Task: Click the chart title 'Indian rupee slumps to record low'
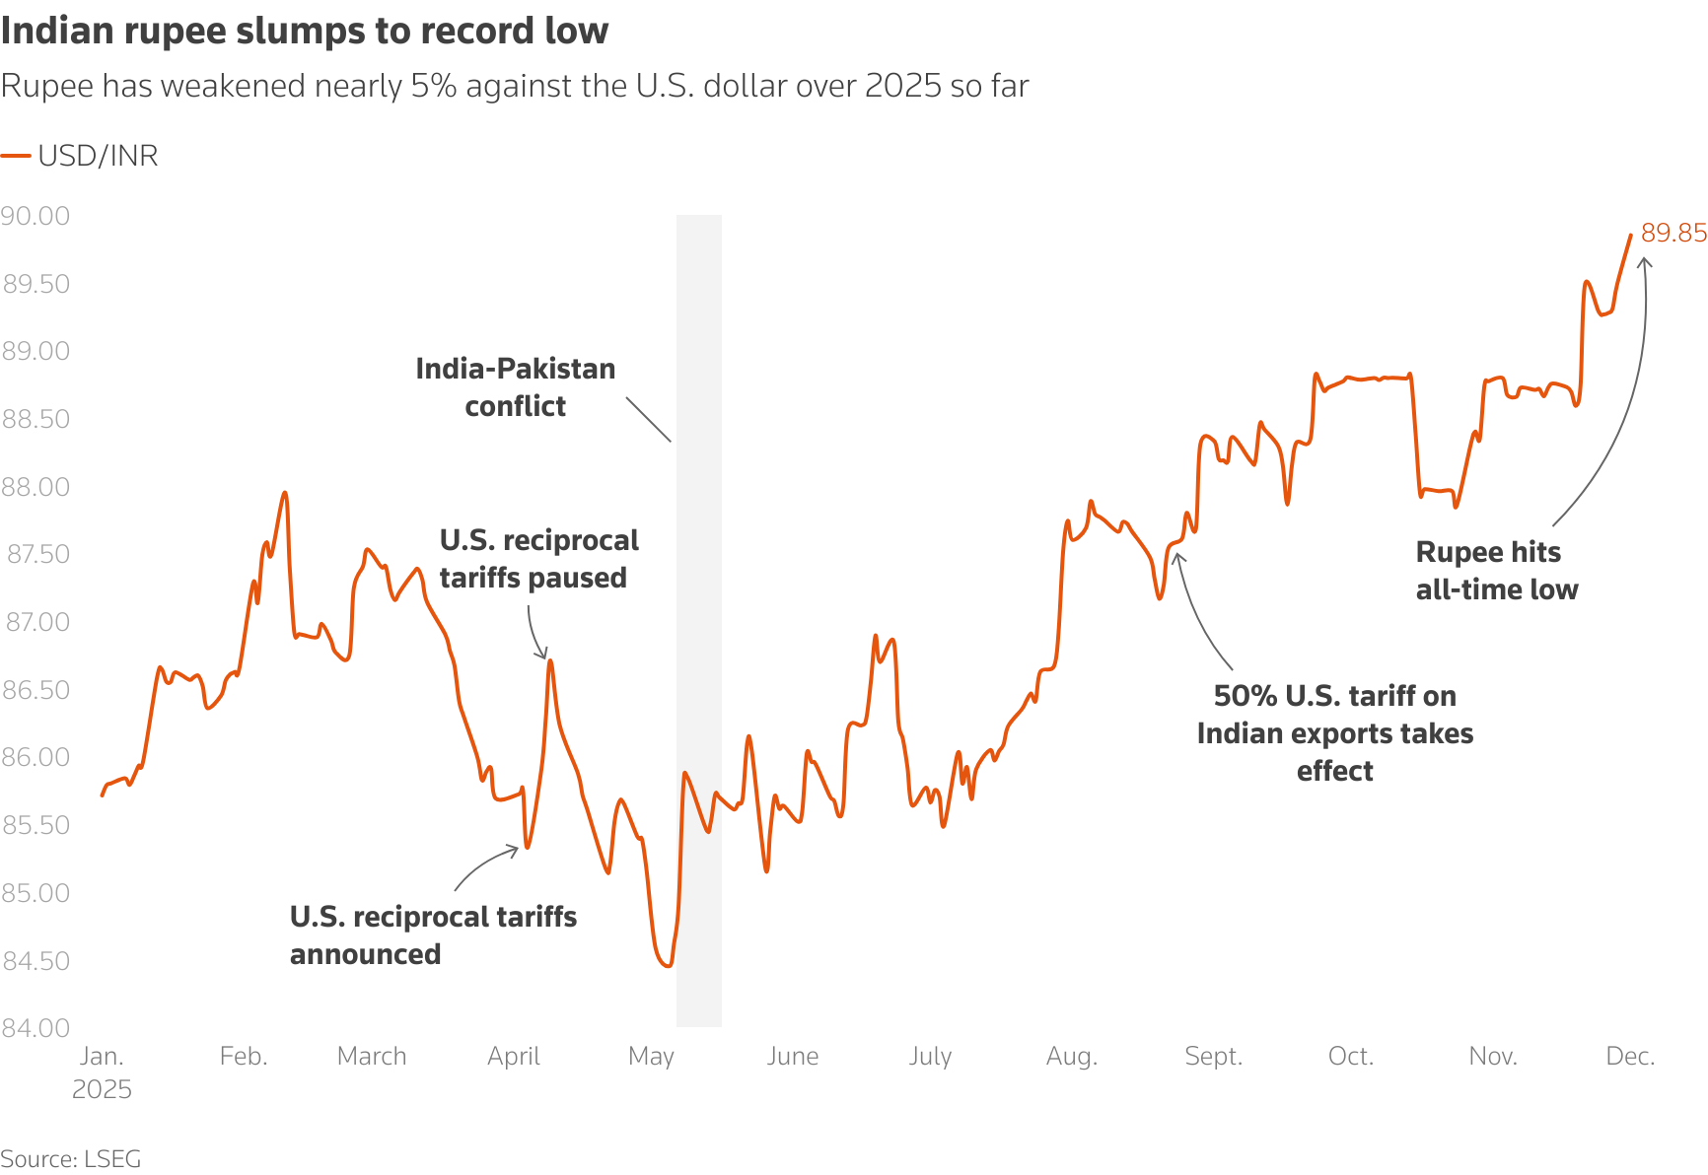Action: (x=305, y=32)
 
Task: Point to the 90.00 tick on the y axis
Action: (x=36, y=216)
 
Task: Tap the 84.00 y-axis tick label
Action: (x=36, y=1028)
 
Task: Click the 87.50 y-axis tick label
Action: (x=38, y=554)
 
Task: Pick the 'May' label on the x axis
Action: (x=651, y=1057)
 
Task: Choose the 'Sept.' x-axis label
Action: (x=1213, y=1057)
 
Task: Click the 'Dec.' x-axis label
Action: (x=1630, y=1057)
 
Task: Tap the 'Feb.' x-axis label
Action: (x=244, y=1057)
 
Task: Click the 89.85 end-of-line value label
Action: (x=1673, y=233)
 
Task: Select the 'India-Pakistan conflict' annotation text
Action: (x=516, y=387)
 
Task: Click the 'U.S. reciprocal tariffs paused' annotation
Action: (x=538, y=559)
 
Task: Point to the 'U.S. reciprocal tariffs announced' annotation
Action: (x=433, y=935)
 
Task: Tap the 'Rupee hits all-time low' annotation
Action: (x=1496, y=571)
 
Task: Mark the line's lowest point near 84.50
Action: (x=669, y=966)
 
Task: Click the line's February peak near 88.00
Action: (x=285, y=492)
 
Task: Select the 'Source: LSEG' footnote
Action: (x=71, y=1158)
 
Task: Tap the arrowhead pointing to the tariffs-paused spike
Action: (x=541, y=655)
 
